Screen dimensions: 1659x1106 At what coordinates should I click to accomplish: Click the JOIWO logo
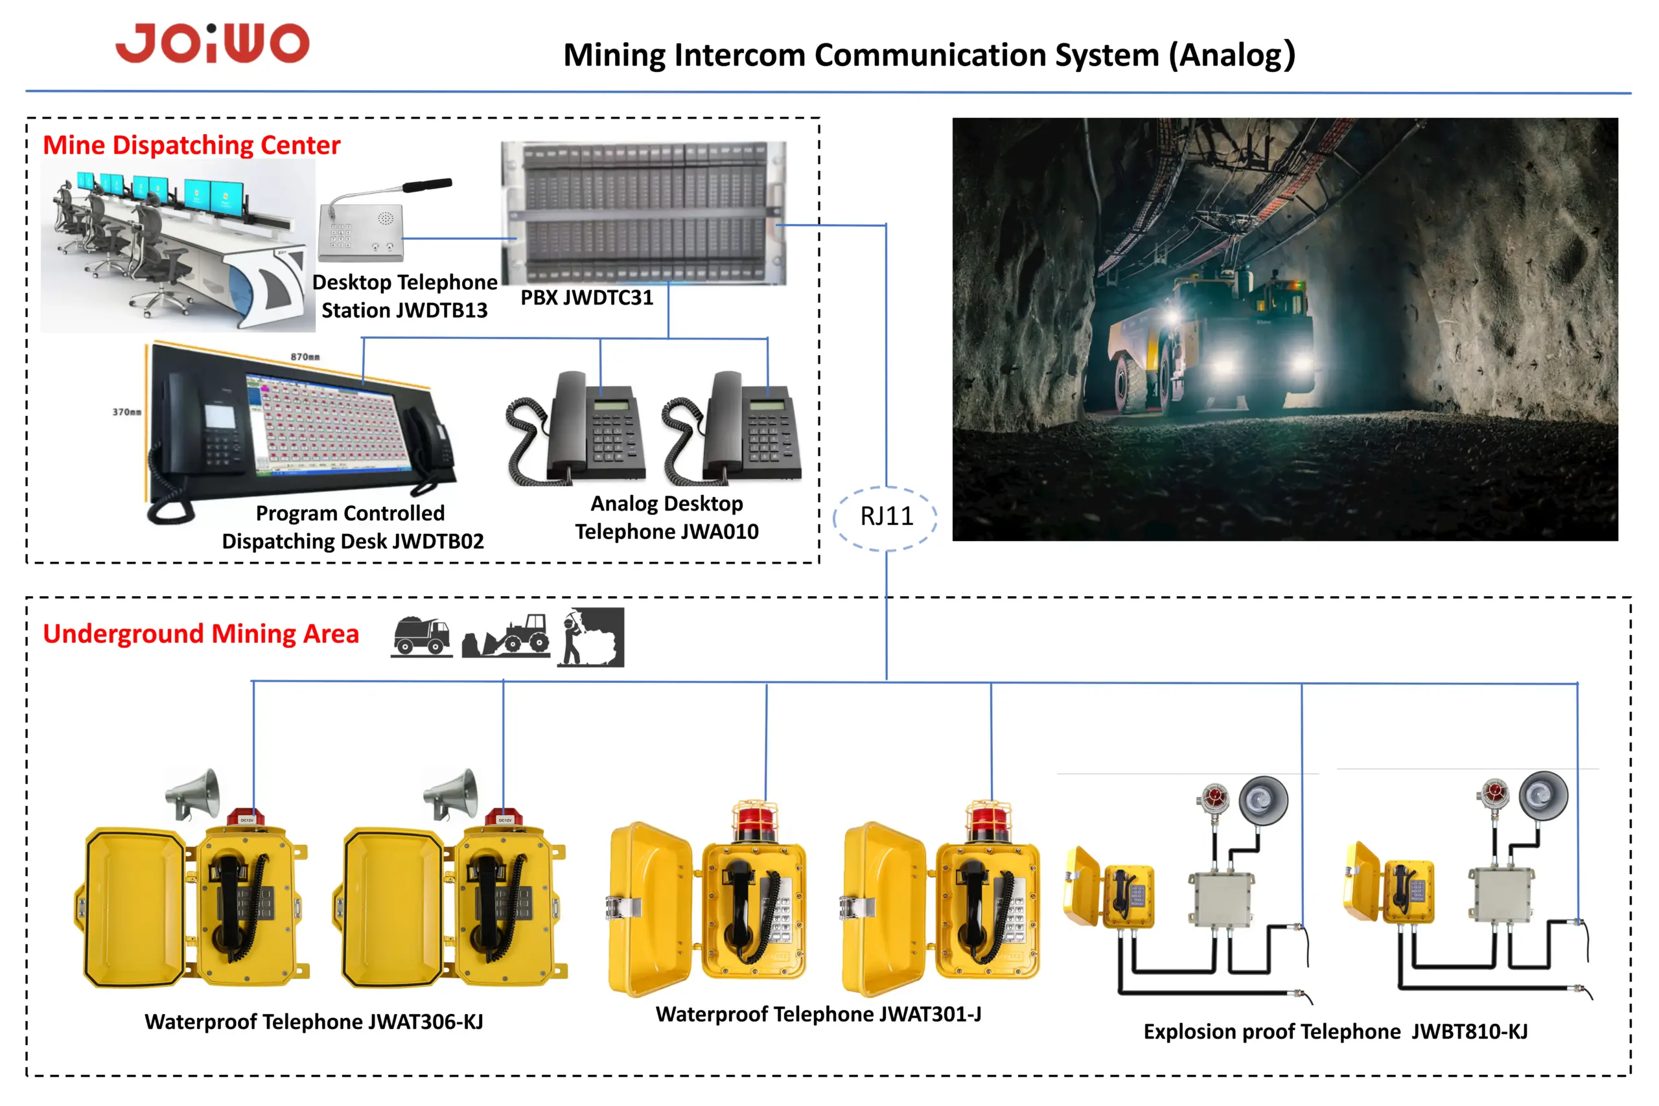[213, 43]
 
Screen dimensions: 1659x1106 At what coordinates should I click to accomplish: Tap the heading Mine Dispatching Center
[192, 145]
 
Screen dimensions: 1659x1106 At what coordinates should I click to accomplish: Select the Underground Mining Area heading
[201, 634]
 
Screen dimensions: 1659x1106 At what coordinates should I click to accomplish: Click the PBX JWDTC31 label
[587, 297]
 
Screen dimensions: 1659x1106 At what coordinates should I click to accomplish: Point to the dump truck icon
[422, 636]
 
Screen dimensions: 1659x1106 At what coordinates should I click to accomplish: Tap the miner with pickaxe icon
[590, 637]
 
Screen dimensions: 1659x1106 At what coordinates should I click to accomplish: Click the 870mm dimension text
[305, 357]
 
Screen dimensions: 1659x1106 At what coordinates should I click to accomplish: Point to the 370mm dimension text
[127, 412]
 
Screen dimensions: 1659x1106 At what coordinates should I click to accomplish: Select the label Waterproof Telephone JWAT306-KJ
[314, 1022]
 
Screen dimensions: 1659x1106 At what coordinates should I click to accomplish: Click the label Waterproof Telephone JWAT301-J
[818, 1014]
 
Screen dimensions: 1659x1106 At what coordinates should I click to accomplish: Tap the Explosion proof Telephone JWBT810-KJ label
[1335, 1032]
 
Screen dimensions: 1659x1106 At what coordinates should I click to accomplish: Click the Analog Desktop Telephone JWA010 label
[667, 518]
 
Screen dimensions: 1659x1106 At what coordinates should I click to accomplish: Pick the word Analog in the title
[1232, 56]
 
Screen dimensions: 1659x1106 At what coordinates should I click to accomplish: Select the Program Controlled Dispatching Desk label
[353, 527]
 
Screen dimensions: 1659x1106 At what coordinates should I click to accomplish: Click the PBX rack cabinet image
[644, 213]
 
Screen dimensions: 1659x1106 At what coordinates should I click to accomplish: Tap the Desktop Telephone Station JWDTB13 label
[405, 296]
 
